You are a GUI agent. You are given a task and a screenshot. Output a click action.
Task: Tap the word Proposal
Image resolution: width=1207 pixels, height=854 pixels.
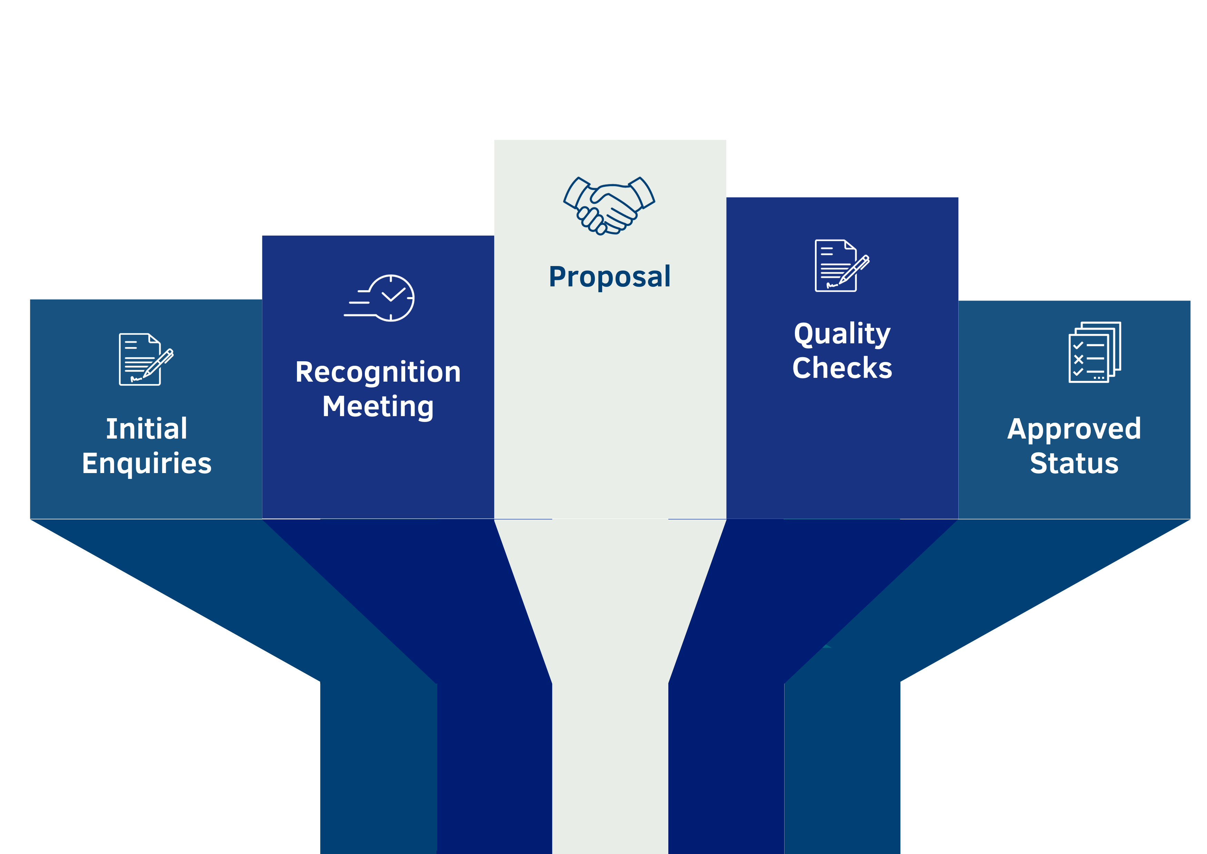(x=610, y=277)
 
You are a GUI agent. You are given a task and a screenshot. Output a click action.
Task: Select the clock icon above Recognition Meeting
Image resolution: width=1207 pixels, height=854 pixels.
(x=379, y=298)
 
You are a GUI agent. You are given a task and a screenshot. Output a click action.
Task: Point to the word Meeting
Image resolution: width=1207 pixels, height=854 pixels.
(x=378, y=407)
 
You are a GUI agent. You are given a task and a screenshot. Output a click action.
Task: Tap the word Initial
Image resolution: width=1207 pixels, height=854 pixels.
(x=147, y=429)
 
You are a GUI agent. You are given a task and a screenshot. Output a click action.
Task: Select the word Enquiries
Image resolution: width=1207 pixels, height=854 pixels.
(x=147, y=464)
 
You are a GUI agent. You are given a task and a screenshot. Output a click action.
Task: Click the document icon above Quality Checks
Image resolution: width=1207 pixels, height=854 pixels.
(x=842, y=266)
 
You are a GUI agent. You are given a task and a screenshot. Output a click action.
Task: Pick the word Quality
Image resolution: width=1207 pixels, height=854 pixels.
(x=842, y=334)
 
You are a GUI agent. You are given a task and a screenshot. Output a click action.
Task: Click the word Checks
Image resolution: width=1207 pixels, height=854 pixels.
(x=842, y=367)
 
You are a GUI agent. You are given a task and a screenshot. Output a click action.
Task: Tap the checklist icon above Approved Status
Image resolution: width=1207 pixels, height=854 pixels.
(x=1095, y=352)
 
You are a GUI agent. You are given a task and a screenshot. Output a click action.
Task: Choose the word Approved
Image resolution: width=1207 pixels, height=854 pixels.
(x=1074, y=430)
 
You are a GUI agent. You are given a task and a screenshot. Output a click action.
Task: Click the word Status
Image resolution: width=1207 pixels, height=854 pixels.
(x=1074, y=463)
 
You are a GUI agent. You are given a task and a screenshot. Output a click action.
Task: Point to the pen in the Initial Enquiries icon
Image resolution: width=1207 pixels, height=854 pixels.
(x=158, y=363)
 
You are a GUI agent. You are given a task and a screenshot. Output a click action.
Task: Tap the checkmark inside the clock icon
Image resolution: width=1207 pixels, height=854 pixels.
(x=393, y=294)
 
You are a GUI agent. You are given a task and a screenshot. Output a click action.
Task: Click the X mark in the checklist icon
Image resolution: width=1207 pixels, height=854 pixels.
(x=1078, y=359)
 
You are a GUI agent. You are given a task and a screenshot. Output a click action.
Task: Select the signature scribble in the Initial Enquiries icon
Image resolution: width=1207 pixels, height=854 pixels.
(x=136, y=379)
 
